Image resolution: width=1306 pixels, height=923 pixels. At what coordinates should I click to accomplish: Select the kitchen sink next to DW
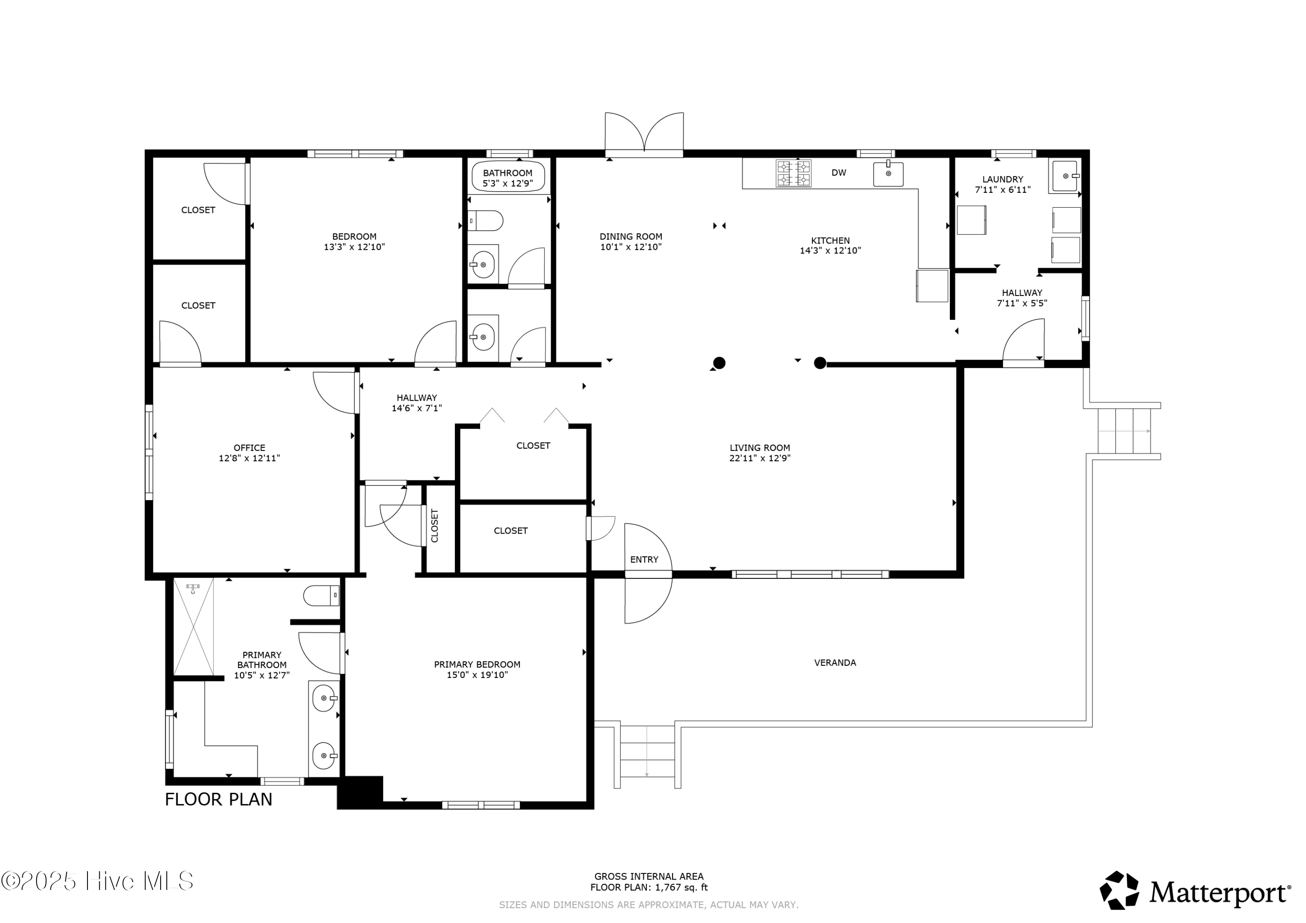(888, 174)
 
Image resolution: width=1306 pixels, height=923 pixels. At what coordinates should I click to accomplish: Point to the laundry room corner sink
(1065, 176)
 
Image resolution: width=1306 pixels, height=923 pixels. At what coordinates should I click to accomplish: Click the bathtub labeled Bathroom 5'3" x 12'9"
(508, 178)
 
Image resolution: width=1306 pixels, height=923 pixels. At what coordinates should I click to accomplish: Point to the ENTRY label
(644, 560)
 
